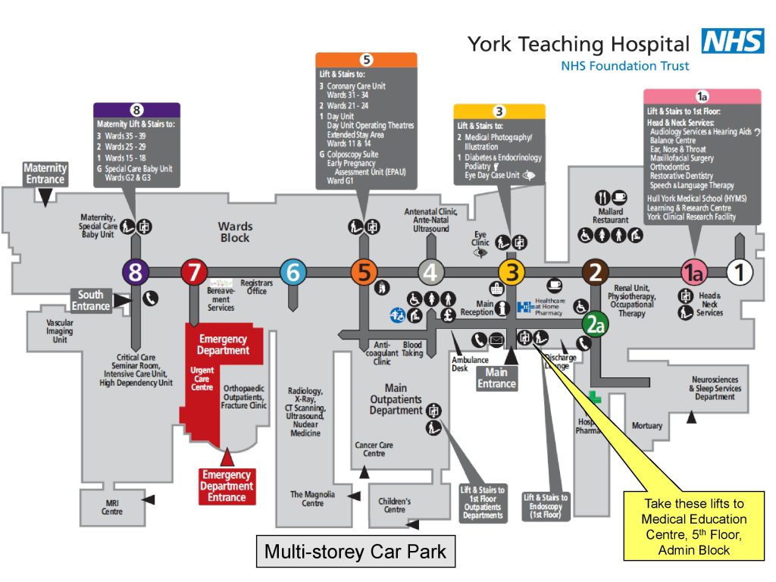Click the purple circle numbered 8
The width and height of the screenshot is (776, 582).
(x=135, y=272)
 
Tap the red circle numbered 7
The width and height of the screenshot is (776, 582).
(x=193, y=272)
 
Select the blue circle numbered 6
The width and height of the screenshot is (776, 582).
(x=293, y=272)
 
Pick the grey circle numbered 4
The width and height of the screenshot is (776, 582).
(x=431, y=272)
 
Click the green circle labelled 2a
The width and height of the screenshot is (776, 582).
(x=596, y=325)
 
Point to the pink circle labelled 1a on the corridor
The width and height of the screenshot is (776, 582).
(x=694, y=272)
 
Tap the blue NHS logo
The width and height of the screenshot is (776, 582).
(x=733, y=41)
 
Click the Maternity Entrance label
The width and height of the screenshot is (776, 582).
(x=45, y=174)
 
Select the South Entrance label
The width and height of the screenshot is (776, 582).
(x=91, y=300)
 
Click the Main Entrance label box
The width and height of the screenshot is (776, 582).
(x=496, y=377)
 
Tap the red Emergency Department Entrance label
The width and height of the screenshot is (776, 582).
(x=227, y=486)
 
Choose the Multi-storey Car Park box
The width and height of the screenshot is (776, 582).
(x=355, y=552)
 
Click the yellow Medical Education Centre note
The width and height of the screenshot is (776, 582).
(x=693, y=526)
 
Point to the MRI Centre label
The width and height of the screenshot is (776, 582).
(x=112, y=507)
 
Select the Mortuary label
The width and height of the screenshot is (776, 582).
(x=646, y=426)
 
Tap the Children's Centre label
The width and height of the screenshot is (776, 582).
(x=395, y=505)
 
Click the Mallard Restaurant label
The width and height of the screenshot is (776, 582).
(x=611, y=216)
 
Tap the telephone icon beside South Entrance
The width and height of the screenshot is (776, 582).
(x=150, y=299)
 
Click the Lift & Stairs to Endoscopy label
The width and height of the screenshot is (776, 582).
(x=546, y=506)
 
